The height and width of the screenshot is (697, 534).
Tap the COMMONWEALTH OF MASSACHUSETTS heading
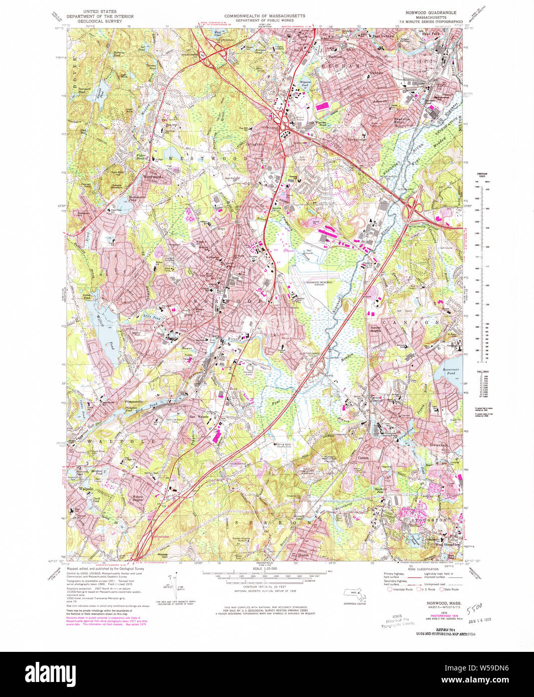click(x=264, y=16)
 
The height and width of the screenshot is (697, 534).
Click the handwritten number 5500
click(x=473, y=609)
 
